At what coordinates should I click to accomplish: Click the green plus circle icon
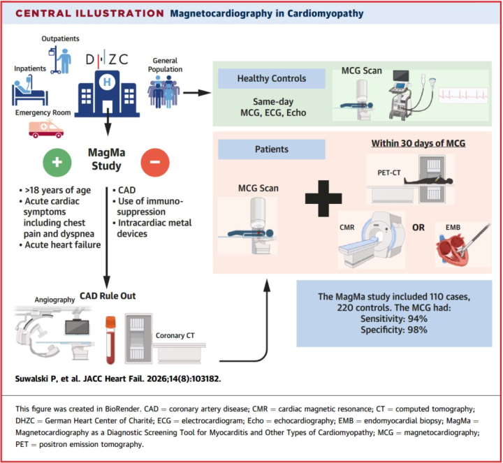(57, 162)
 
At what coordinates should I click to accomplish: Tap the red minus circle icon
(155, 162)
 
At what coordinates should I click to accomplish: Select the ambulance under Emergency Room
(46, 128)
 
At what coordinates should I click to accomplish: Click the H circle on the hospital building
(107, 82)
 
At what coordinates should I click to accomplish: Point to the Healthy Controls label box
(272, 78)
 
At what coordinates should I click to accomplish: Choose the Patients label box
(272, 149)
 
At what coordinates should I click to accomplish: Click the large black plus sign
(323, 198)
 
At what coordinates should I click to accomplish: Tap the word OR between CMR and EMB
(418, 228)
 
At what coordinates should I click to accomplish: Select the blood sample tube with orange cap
(110, 340)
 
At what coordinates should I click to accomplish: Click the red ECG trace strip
(463, 95)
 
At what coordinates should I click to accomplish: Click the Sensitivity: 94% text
(394, 318)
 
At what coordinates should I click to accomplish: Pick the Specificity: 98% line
(394, 330)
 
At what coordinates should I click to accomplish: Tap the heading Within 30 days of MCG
(418, 143)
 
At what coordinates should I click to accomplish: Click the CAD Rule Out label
(108, 295)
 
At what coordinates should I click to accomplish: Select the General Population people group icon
(163, 91)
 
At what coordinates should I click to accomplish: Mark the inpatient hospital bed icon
(29, 91)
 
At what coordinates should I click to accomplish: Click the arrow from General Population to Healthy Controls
(197, 93)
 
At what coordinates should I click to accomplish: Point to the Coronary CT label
(175, 335)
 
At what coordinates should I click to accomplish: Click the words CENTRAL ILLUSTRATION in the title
(90, 13)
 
